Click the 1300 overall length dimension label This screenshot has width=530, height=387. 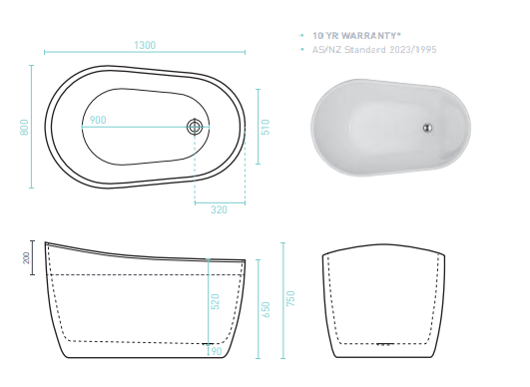coord(145,45)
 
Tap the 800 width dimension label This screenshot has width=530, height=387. coord(24,127)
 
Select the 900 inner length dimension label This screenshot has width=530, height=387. coord(98,120)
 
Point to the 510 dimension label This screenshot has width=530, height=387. coord(265,127)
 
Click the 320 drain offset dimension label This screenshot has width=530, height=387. coord(219,209)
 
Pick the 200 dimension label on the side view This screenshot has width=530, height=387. coord(26,258)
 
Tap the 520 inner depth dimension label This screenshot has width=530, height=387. coord(215,301)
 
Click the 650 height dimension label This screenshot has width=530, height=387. coord(266,309)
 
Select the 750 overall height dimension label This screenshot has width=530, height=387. coord(290,298)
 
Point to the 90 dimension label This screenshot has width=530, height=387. coord(217,351)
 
